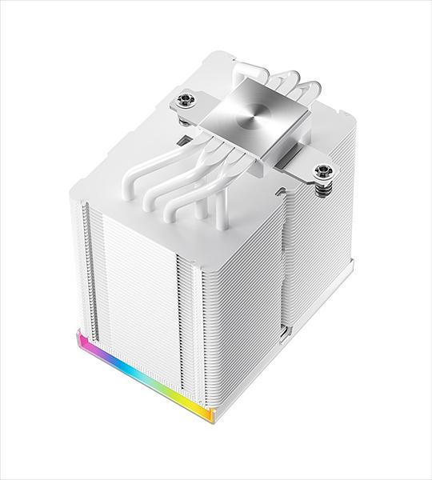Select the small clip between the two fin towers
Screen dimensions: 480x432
tap(286, 327)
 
